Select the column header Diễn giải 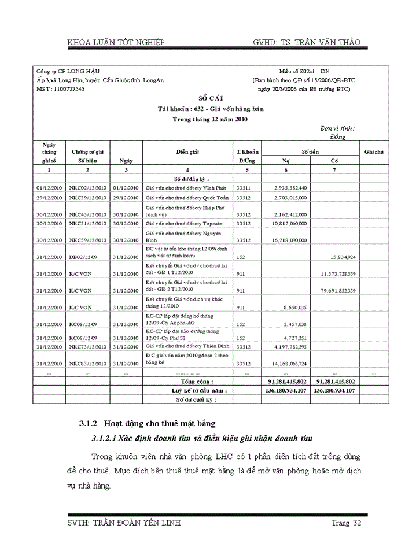click(x=188, y=151)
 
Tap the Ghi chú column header click(x=374, y=151)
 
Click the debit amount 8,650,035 click(x=292, y=307)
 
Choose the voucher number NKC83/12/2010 click(x=87, y=364)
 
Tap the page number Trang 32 click(x=346, y=523)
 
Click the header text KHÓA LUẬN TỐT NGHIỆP click(x=116, y=42)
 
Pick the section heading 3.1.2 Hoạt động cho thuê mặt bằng click(x=147, y=424)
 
